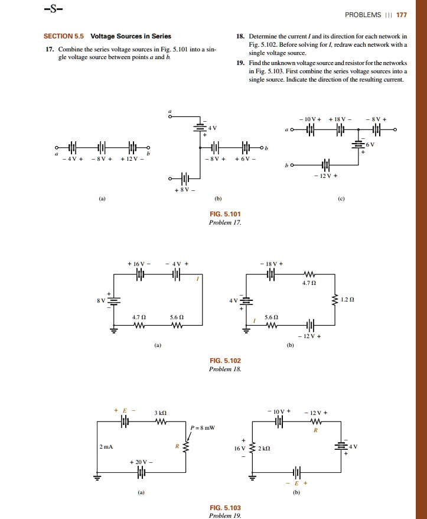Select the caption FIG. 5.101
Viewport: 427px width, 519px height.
[225, 214]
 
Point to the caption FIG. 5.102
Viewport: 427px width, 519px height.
[225, 360]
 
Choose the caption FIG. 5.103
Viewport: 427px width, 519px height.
[225, 508]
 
